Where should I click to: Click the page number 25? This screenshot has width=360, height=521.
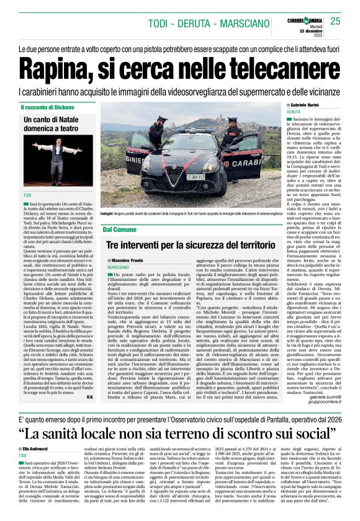click(335, 22)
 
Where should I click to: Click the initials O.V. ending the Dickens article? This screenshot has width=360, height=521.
click(89, 397)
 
